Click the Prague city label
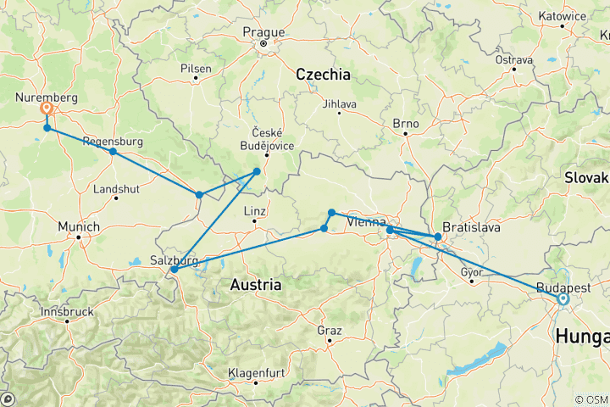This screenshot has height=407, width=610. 263,32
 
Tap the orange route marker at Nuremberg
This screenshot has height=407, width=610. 47,109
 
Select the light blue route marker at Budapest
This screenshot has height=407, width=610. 562,298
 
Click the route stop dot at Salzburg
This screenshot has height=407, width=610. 174,270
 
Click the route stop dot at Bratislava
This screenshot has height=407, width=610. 438,237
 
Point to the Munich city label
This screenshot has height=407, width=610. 80,227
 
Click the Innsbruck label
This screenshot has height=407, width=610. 67,311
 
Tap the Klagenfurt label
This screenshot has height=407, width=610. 258,373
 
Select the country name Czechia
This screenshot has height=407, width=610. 323,75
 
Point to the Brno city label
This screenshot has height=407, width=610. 406,124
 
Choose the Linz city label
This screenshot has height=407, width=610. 255,210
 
